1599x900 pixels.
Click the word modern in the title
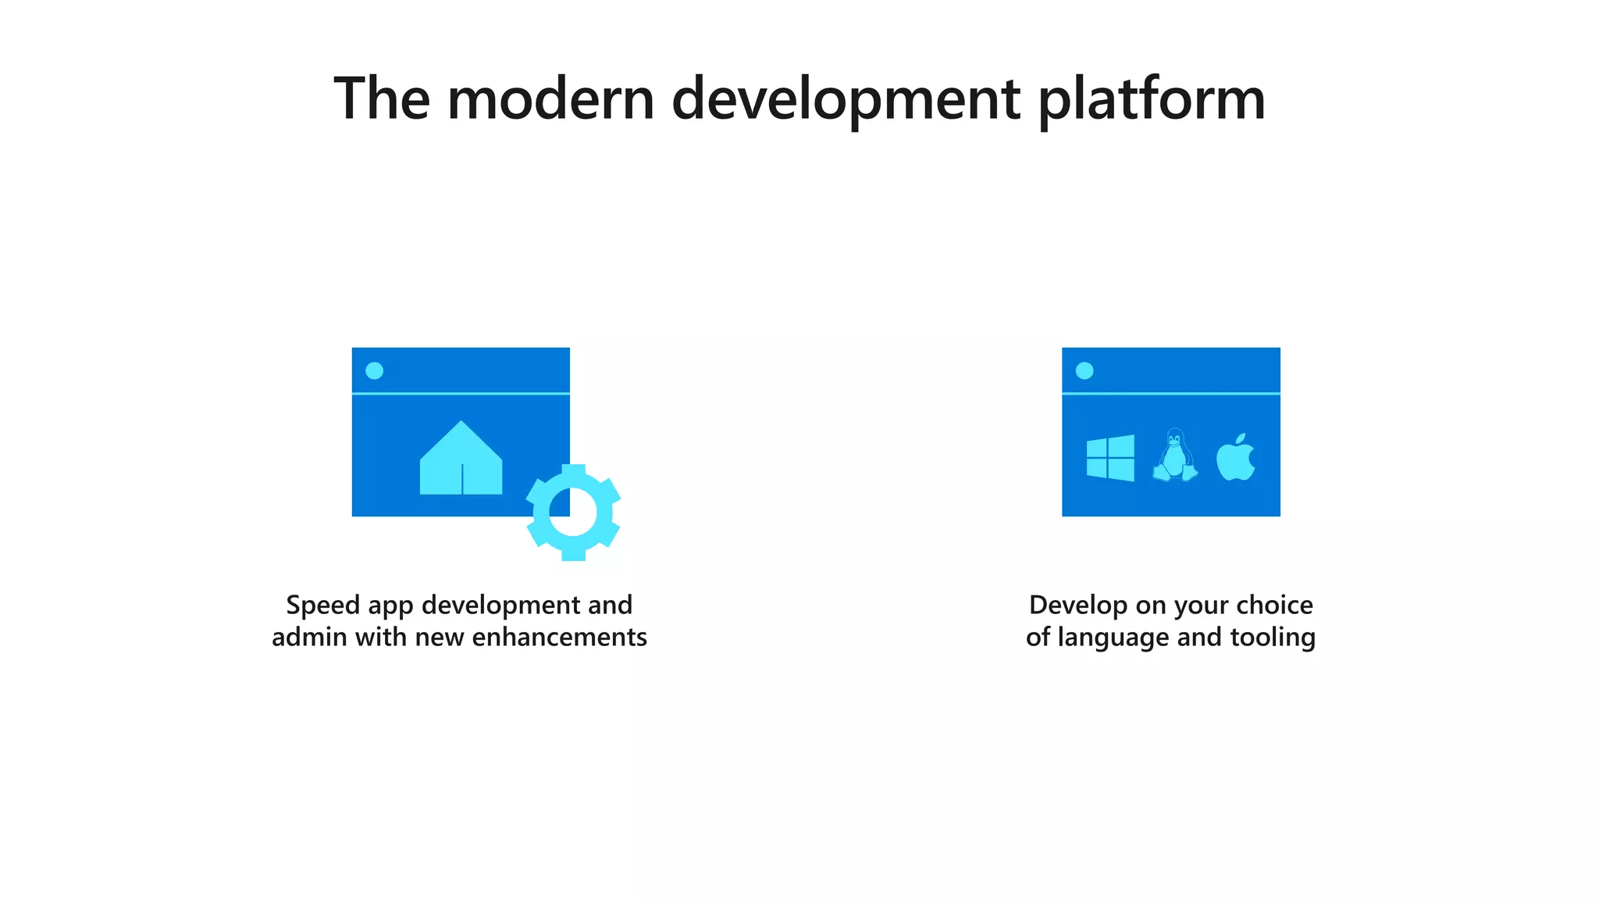550,99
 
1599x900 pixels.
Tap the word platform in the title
1152,99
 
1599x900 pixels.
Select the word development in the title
846,99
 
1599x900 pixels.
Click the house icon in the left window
461,460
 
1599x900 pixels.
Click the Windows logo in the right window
1110,458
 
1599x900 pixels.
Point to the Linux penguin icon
1174,456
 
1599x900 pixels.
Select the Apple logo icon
1235,459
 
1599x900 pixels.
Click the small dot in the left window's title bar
375,370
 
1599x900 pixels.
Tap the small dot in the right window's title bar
1084,370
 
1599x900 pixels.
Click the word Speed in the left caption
322,605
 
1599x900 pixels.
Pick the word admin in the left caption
309,637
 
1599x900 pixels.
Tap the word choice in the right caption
1275,605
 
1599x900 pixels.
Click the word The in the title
382,99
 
